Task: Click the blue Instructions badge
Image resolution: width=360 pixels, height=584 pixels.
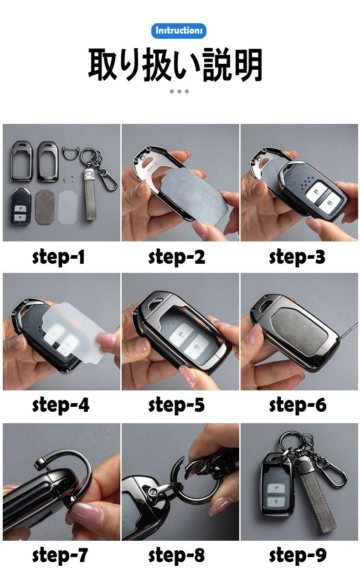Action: point(179,31)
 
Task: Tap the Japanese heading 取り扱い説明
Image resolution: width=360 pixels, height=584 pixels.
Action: point(175,65)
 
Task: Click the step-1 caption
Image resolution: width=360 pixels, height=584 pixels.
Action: point(58,257)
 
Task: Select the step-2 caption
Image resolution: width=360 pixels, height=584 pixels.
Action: point(177,257)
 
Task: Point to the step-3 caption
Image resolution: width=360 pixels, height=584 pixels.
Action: point(297,257)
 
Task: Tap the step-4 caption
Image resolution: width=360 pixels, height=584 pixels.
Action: point(61,405)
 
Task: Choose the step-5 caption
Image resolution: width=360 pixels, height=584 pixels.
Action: point(177,405)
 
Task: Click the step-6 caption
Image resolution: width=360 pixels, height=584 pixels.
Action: point(298,405)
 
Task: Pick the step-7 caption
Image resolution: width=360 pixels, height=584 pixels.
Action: point(60,555)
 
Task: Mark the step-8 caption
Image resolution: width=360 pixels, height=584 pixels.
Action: point(177,555)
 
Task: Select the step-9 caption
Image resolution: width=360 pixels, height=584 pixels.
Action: point(298,555)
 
